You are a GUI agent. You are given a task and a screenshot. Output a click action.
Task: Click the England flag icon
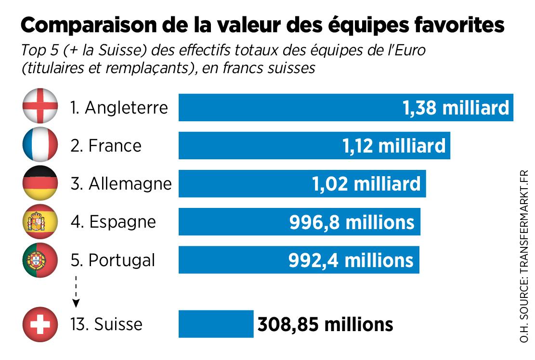40,106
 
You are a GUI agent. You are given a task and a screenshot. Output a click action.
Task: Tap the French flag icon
40,145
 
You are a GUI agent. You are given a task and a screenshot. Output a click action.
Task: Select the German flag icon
40,183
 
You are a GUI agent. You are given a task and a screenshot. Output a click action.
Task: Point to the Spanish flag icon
40,221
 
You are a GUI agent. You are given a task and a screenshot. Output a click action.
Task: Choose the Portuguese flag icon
40,260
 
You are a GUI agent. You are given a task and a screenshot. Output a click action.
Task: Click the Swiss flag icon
40,323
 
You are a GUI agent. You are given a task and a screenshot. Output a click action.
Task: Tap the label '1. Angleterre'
119,107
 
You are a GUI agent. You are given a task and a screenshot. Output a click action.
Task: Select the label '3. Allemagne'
121,184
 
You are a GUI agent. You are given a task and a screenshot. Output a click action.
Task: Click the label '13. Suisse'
106,324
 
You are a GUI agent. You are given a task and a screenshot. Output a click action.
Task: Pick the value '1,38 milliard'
456,107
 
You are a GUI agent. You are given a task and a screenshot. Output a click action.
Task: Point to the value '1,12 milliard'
394,145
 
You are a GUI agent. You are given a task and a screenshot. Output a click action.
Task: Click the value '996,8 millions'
352,222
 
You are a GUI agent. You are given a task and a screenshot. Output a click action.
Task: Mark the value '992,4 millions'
351,260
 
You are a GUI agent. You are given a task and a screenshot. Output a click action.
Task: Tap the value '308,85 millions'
325,324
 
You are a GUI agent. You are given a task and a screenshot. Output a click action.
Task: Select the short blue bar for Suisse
216,324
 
